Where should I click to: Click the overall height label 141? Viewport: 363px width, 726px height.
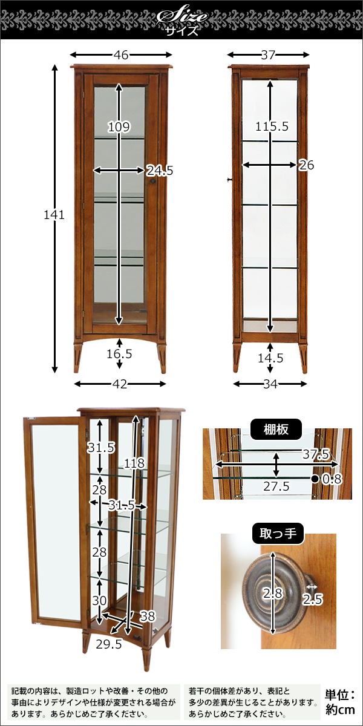(x=54, y=215)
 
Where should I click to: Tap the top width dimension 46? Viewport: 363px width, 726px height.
(x=120, y=55)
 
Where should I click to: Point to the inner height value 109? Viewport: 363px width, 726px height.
(x=119, y=127)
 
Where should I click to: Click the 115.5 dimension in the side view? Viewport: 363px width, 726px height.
(x=272, y=127)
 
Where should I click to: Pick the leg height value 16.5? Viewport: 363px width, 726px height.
(x=119, y=354)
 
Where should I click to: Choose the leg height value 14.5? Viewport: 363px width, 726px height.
(x=270, y=358)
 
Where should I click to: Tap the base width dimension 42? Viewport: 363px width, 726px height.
(x=119, y=384)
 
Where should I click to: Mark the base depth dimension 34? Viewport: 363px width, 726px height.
(x=270, y=384)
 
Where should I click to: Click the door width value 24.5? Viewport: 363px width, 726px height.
(x=160, y=171)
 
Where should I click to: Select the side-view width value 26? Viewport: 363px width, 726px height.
(x=307, y=165)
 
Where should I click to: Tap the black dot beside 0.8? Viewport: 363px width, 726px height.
(x=315, y=479)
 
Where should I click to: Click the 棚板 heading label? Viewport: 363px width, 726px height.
(x=276, y=430)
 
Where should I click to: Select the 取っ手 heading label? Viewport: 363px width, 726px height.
(x=277, y=534)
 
